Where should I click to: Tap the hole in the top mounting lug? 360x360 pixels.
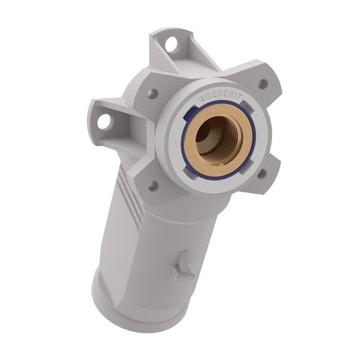pos(171,45)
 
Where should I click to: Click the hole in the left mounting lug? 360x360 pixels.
pos(105,122)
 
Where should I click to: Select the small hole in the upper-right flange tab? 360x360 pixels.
pos(264,84)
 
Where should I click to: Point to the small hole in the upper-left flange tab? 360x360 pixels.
pos(153,94)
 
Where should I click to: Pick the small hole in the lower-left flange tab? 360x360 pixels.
pos(153,186)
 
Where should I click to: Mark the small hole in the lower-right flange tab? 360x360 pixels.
pos(262,174)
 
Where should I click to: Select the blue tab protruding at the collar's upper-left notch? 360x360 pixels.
pos(188,114)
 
